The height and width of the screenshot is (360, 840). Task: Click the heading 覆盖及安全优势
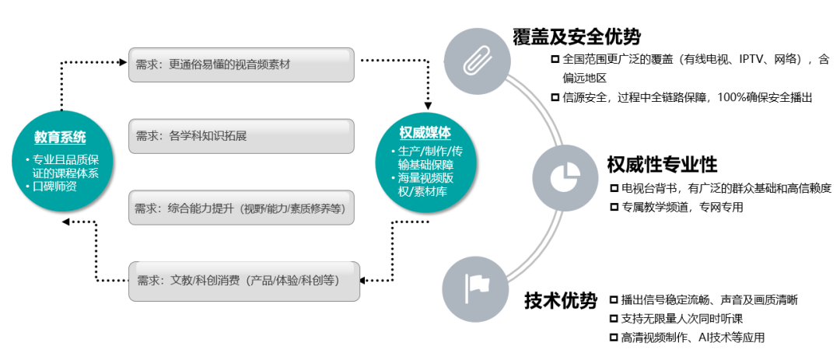click(576, 37)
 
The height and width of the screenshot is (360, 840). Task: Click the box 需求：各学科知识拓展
click(241, 136)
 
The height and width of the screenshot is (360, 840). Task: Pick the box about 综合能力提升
click(241, 208)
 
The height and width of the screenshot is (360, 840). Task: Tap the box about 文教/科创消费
click(243, 279)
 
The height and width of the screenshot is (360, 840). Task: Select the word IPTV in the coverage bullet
click(750, 59)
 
